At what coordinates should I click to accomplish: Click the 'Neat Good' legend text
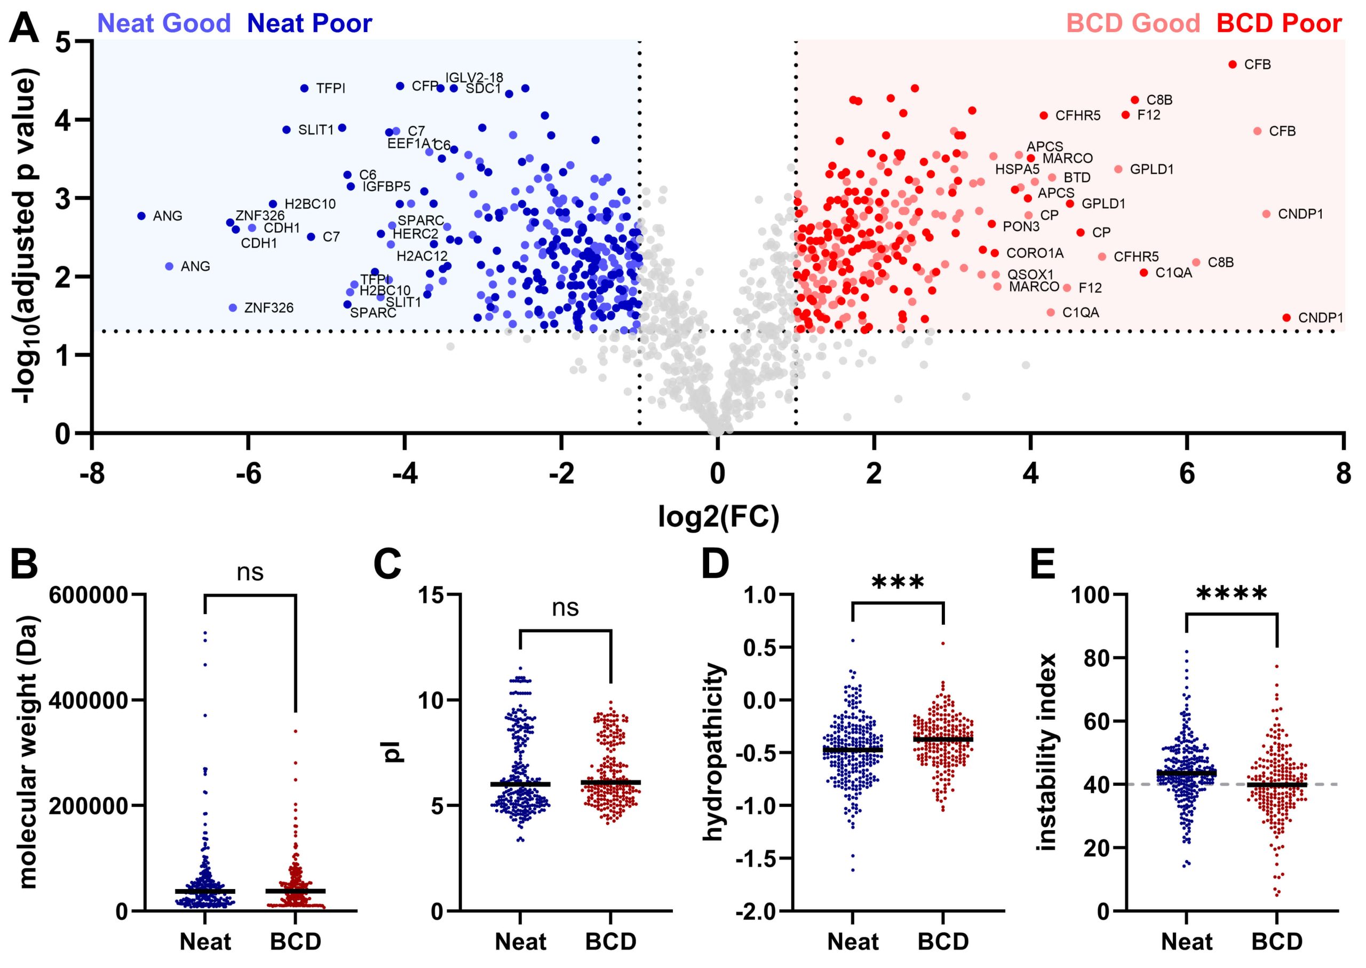pos(164,23)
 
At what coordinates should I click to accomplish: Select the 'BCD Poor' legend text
pos(1278,23)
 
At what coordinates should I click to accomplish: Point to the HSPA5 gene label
pos(1017,169)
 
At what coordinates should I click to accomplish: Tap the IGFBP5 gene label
pos(387,186)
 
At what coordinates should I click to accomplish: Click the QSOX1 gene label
pos(1030,275)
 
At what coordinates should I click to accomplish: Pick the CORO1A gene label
pos(1035,253)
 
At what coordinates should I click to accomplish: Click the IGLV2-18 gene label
pos(474,78)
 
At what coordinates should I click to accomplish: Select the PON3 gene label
pos(1021,226)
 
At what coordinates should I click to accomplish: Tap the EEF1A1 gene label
pos(410,144)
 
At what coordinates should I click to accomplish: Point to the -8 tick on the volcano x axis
pos(92,474)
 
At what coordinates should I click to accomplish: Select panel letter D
pos(715,564)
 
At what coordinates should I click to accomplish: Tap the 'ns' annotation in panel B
pos(250,572)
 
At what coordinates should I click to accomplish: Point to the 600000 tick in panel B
pos(89,595)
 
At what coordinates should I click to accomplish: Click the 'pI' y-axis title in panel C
pos(394,752)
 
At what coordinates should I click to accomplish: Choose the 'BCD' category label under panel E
pos(1277,942)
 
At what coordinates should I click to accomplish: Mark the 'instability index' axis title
pos(1047,752)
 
